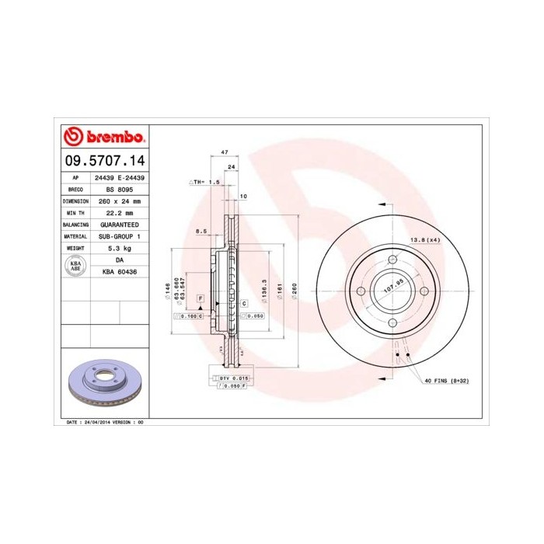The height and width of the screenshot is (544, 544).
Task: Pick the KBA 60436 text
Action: pos(120,271)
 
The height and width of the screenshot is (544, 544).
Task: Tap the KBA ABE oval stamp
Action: pos(75,265)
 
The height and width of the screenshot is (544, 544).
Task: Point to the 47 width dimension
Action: pos(225,152)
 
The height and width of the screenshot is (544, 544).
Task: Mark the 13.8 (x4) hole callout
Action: pos(424,240)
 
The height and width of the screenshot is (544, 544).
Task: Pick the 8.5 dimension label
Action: pos(201,231)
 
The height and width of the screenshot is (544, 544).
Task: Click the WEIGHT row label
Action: pos(75,248)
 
